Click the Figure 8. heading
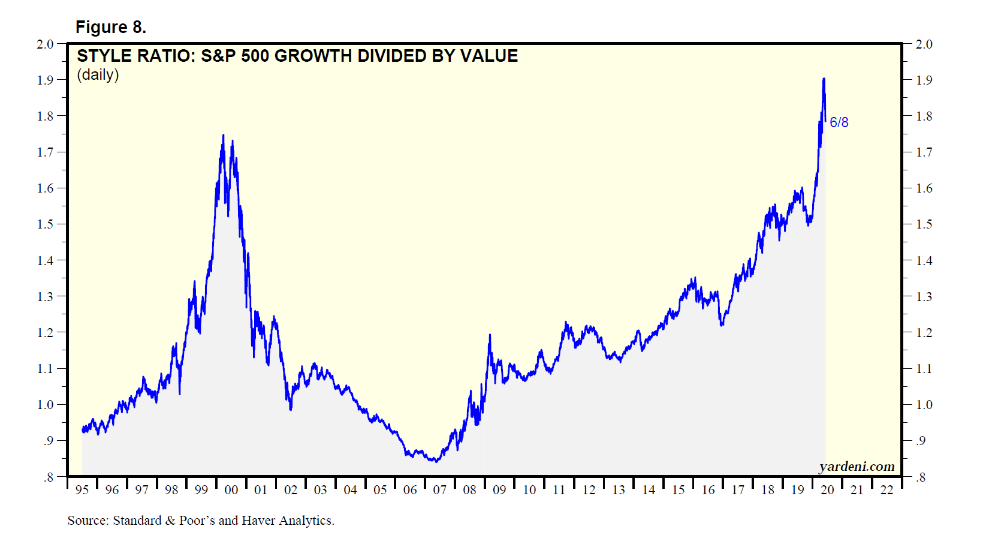coord(110,27)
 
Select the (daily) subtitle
coord(98,75)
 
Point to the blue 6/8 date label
coord(839,122)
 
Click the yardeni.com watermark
coord(857,467)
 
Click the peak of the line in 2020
coord(824,79)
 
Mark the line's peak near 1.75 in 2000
coord(224,136)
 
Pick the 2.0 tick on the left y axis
coord(46,44)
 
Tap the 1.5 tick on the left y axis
coord(46,224)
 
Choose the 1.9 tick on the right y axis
coord(924,80)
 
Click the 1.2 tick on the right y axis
coord(924,333)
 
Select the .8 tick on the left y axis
coord(48,477)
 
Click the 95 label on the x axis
coord(82,490)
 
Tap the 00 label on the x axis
coord(231,490)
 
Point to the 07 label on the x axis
coord(440,490)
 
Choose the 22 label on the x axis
coord(887,490)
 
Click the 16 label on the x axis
coord(708,490)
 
